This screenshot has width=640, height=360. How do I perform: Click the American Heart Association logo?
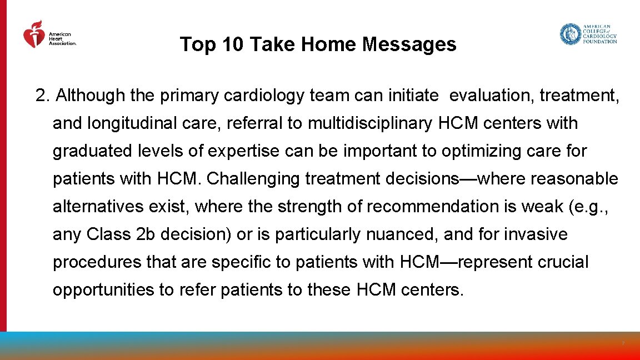click(x=49, y=35)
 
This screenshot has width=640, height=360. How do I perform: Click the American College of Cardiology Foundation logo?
click(x=588, y=34)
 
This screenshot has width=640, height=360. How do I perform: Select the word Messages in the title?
click(x=409, y=44)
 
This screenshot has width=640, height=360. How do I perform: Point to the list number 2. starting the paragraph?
click(x=43, y=96)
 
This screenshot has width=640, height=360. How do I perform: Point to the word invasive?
click(x=536, y=234)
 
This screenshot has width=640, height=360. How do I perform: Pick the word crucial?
click(x=563, y=262)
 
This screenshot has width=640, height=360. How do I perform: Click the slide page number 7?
click(x=623, y=344)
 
